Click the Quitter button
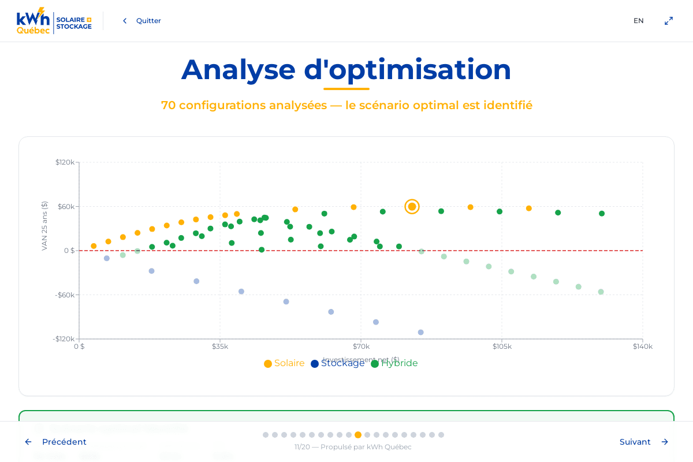click(x=142, y=21)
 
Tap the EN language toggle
click(x=638, y=21)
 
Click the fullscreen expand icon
click(x=668, y=21)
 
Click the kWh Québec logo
click(x=54, y=21)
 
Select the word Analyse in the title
click(x=238, y=69)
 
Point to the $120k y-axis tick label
click(x=65, y=162)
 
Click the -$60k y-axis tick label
click(x=65, y=295)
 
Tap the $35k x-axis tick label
click(x=220, y=346)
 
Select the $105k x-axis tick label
click(x=502, y=346)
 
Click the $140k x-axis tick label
click(x=642, y=346)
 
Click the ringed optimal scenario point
click(x=412, y=207)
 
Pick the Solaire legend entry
click(x=284, y=363)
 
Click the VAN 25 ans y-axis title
click(x=44, y=226)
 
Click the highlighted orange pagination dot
click(x=358, y=435)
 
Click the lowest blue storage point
click(x=420, y=332)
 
